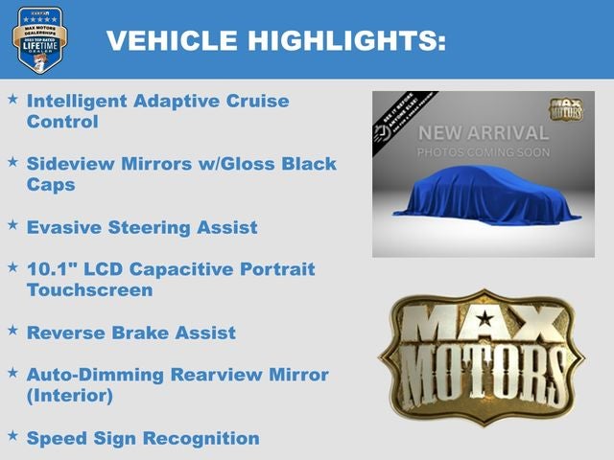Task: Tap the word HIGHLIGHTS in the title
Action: [344, 40]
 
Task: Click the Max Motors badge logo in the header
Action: [40, 39]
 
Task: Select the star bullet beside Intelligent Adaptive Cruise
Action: [12, 99]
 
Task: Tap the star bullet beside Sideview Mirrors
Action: [12, 162]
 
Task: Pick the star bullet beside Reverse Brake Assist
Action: [12, 331]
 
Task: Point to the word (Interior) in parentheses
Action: [70, 395]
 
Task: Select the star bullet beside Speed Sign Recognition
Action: [12, 436]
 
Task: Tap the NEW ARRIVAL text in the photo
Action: [484, 133]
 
